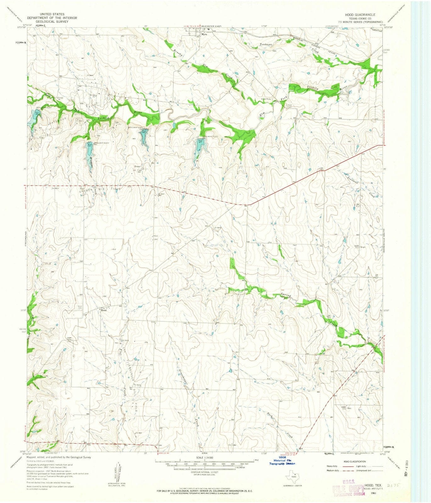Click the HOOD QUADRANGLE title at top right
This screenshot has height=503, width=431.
(x=360, y=15)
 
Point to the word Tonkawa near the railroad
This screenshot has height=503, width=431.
(x=266, y=45)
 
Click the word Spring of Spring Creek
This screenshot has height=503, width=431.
(x=286, y=296)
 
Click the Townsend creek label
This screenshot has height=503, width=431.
(x=353, y=178)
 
